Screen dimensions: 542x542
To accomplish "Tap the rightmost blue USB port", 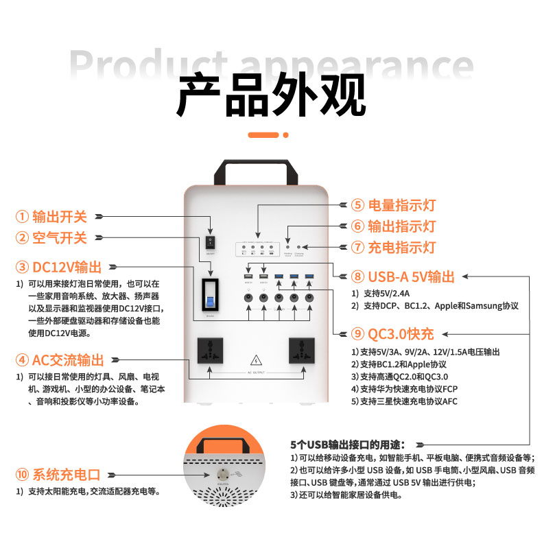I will (x=309, y=276).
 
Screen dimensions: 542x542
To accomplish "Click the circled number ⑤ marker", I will (x=357, y=205).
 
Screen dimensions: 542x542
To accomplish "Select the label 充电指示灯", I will (x=402, y=247).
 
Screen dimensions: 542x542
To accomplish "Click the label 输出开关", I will (x=60, y=217).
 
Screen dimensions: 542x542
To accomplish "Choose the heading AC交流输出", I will (x=69, y=360).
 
